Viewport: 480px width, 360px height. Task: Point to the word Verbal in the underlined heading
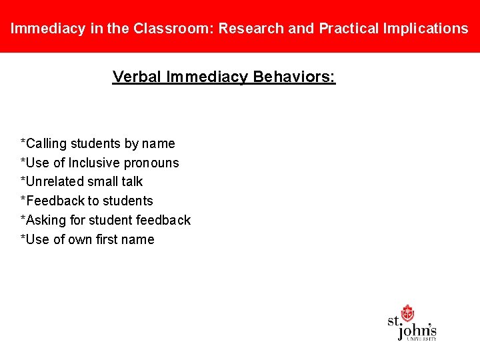[137, 77]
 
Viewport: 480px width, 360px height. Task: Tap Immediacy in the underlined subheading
[207, 77]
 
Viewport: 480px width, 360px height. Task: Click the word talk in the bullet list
[131, 181]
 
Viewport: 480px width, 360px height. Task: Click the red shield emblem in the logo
[407, 313]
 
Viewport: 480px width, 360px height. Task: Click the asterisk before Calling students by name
[23, 142]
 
